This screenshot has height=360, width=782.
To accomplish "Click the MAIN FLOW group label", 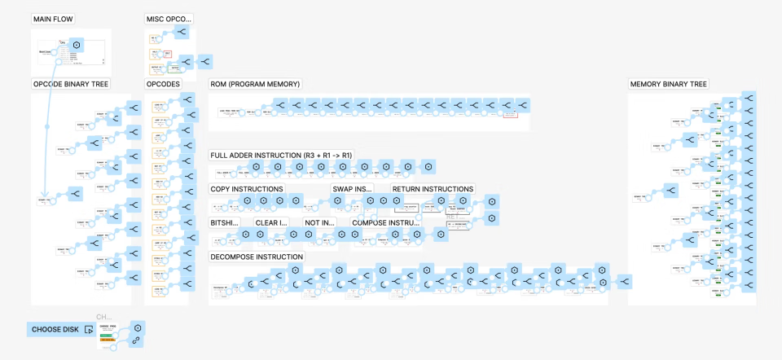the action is point(52,19).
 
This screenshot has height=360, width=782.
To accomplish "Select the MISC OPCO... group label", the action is point(170,19).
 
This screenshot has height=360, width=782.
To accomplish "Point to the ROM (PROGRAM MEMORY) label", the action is point(255,84).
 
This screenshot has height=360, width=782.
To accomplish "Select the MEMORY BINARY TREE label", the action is point(669,84).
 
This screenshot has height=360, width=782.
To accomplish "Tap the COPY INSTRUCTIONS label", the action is point(247,189).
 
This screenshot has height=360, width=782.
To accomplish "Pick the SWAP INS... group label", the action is point(352,189).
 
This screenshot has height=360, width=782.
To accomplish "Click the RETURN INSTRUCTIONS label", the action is point(433,189).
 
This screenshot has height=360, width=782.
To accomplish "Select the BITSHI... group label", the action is point(225,222).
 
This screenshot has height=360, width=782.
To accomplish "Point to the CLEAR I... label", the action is point(271,222).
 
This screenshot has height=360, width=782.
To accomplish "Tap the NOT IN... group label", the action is point(319,222).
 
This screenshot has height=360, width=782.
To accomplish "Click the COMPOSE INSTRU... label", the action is point(386,222).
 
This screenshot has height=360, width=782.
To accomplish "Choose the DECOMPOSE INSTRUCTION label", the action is point(257,257).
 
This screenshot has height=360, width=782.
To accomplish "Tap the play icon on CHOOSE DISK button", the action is point(88,330).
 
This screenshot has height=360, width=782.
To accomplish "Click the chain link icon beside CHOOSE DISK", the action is point(137,340).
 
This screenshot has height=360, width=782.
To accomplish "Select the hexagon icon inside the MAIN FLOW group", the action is point(76,45).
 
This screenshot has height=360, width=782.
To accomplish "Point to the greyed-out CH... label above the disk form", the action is point(103,317).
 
